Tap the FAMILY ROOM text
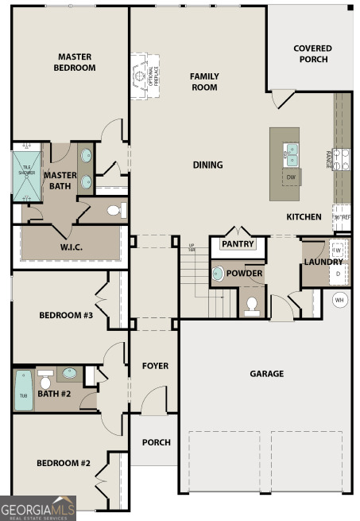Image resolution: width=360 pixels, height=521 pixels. (x=203, y=81)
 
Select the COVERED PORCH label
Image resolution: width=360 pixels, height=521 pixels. (x=312, y=53)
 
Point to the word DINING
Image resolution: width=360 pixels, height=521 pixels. (x=207, y=165)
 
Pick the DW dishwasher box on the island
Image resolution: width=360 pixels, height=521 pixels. (x=291, y=177)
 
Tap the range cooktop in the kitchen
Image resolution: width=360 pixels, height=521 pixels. (x=340, y=159)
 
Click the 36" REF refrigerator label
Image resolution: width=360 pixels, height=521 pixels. (x=341, y=216)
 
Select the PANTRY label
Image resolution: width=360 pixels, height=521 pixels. (x=237, y=243)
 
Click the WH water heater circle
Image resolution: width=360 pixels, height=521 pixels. (x=339, y=300)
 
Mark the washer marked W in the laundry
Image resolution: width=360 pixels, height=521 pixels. (x=337, y=251)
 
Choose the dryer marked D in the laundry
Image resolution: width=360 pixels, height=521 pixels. (x=337, y=274)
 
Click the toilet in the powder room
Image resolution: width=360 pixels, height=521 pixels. (x=252, y=305)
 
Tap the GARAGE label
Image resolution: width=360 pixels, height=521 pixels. (x=266, y=373)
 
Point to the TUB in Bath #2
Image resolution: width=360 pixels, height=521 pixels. (x=24, y=391)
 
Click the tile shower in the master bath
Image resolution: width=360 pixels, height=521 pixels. (x=26, y=173)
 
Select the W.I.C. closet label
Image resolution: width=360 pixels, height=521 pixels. (x=71, y=247)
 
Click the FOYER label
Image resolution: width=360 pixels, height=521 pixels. (x=155, y=366)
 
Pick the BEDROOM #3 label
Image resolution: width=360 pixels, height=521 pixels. (x=66, y=316)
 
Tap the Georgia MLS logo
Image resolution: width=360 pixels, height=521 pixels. (x=37, y=507)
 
